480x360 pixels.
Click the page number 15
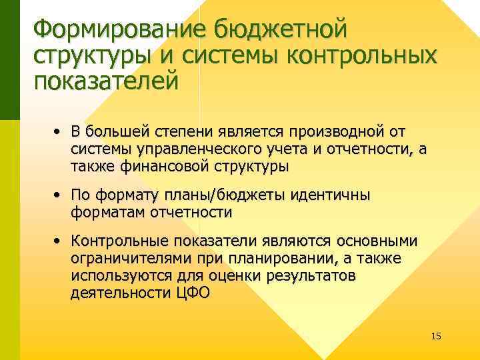(436, 335)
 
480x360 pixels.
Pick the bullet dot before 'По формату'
(59, 197)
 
